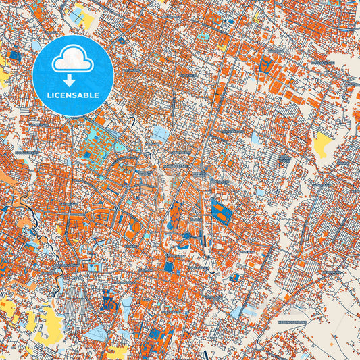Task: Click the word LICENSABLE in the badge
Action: (72, 95)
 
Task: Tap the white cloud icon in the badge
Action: (72, 59)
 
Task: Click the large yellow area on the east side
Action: (324, 143)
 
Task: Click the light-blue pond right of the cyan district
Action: (160, 133)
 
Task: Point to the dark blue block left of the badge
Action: (14, 55)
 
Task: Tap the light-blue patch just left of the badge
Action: (35, 47)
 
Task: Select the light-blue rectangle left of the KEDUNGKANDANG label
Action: (236, 311)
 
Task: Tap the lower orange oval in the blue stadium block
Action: (222, 217)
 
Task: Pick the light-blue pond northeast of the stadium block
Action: (260, 192)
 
